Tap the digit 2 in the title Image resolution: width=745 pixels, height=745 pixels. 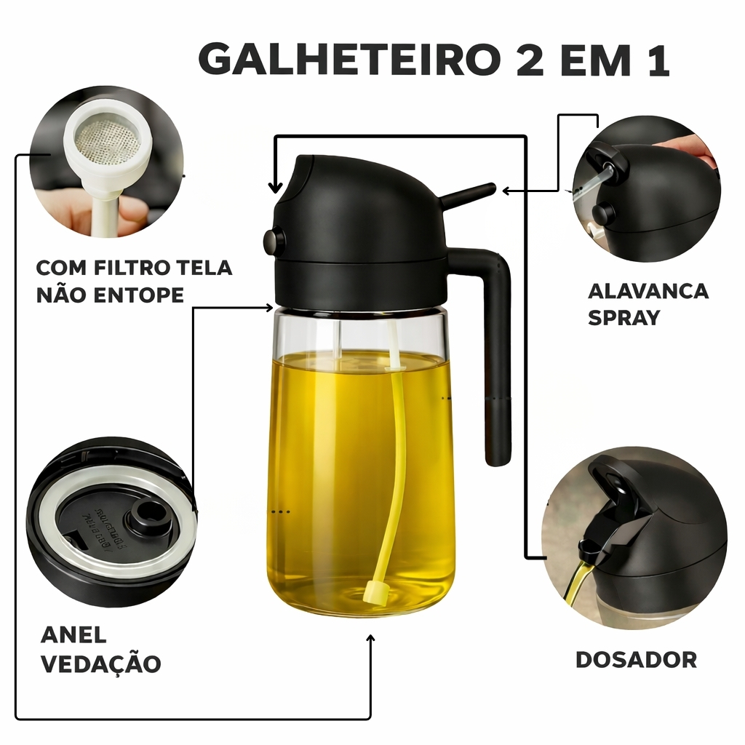pyautogui.click(x=530, y=59)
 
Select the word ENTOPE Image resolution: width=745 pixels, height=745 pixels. pyautogui.click(x=138, y=295)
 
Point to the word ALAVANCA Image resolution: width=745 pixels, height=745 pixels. pyautogui.click(x=648, y=291)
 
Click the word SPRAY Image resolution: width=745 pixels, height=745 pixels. pyautogui.click(x=624, y=317)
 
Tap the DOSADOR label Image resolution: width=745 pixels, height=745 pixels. pyautogui.click(x=636, y=659)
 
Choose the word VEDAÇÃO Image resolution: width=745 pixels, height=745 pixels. pyautogui.click(x=101, y=663)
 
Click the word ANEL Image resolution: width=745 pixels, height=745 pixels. pyautogui.click(x=73, y=634)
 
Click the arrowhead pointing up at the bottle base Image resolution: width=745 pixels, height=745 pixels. pyautogui.click(x=370, y=638)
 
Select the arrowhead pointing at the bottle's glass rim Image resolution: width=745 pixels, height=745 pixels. pyautogui.click(x=269, y=308)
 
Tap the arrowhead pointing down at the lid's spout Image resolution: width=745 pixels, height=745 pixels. pyautogui.click(x=275, y=188)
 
